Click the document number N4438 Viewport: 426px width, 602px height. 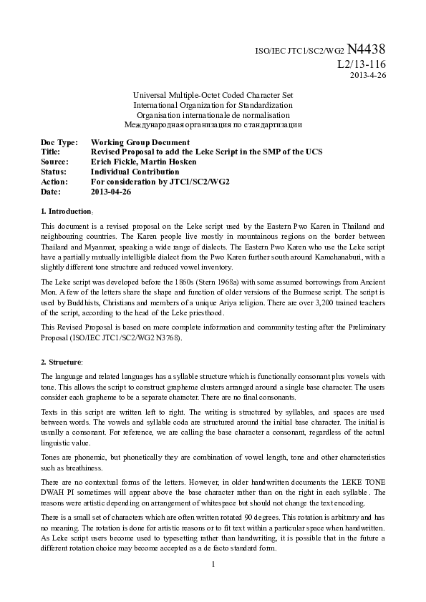367,49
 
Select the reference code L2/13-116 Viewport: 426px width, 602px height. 361,64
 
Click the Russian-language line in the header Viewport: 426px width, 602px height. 213,124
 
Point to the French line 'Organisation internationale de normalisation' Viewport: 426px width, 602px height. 213,114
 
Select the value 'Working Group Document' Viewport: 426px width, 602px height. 140,142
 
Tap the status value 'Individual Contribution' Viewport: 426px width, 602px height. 135,172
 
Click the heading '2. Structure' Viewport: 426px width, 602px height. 62,362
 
